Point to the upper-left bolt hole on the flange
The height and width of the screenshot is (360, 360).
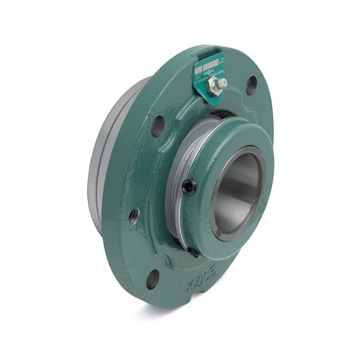pos(158,125)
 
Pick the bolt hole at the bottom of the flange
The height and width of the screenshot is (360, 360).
pos(153,278)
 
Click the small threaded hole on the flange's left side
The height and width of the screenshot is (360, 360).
pos(133,214)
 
